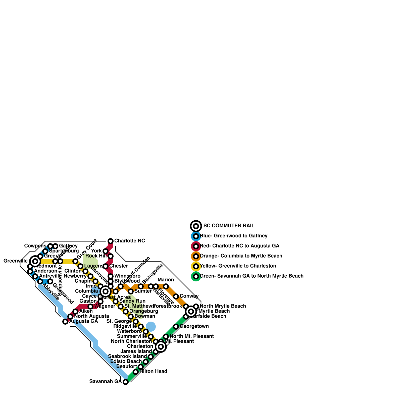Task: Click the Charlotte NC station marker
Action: click(111, 241)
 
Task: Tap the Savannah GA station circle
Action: click(126, 382)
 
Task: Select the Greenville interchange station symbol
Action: click(35, 261)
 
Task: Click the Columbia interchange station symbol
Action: click(106, 291)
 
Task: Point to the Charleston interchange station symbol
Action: click(161, 347)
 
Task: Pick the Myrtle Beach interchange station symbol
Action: click(191, 312)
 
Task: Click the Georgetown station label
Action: click(194, 326)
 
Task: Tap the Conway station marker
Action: click(176, 296)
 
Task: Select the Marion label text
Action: click(166, 280)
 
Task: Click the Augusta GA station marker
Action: click(65, 322)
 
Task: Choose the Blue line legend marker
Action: click(196, 236)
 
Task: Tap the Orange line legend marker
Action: click(196, 256)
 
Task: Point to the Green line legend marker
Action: click(196, 276)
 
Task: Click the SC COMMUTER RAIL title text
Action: click(229, 226)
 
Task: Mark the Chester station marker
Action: click(106, 266)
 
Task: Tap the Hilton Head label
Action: click(153, 372)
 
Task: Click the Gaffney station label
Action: click(68, 246)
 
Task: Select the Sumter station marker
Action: click(131, 291)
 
